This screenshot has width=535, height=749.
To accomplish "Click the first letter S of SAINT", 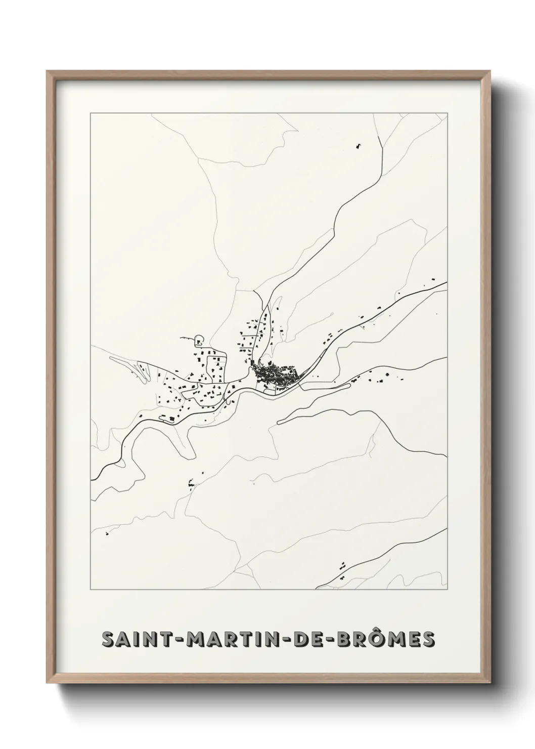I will (108, 639).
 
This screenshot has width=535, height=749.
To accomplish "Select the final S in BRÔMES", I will (428, 639).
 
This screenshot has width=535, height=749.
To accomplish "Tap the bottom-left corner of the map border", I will (91, 590).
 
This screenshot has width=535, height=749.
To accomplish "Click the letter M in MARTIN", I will (195, 639).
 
